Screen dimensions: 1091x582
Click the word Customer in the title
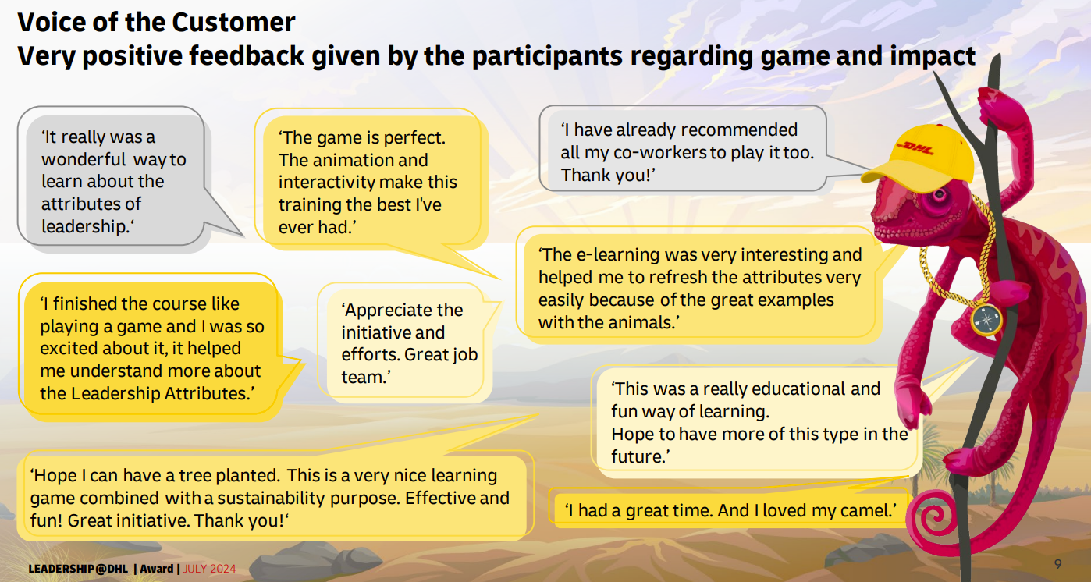tap(233, 23)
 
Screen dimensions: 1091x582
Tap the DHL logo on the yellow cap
tap(915, 148)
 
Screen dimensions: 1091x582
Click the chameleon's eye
tap(939, 197)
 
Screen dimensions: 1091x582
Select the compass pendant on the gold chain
tap(986, 320)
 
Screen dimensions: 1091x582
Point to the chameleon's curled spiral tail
tap(933, 519)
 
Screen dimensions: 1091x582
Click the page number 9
tap(1057, 564)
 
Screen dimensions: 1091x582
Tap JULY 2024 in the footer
tap(209, 569)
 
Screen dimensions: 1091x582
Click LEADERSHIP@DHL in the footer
tap(78, 569)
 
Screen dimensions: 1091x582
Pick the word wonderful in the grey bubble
tap(84, 159)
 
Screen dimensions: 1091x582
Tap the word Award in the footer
tap(157, 569)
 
